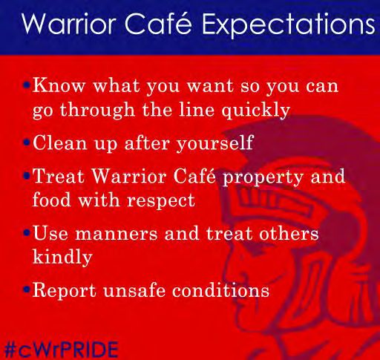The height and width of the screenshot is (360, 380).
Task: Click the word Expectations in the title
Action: coord(289,24)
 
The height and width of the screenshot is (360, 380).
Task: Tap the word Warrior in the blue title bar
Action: coord(69,23)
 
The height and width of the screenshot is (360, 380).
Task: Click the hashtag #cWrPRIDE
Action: coord(61,350)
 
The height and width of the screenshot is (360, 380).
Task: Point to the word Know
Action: coord(59,85)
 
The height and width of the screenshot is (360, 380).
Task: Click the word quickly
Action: coord(255,111)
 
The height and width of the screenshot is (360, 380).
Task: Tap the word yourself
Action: coord(214,143)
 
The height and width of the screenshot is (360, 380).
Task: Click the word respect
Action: coord(161,201)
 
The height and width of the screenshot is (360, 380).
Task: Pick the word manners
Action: coord(117,234)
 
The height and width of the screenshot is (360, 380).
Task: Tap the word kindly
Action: coord(62,257)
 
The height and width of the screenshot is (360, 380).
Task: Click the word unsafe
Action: coord(134,290)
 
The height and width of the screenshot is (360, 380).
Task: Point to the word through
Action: coord(97,110)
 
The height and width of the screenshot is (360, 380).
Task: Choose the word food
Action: coord(52,200)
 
